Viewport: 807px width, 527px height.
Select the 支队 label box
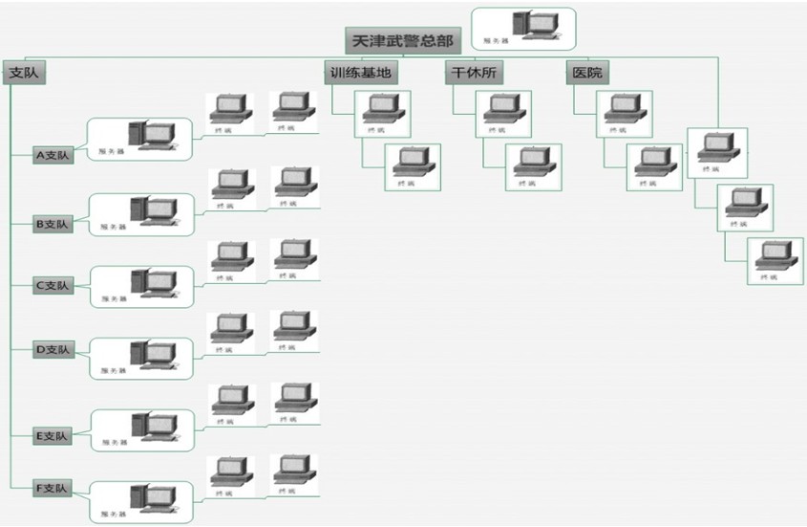click(24, 74)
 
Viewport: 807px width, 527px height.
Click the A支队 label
click(52, 154)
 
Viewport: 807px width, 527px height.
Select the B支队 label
click(52, 224)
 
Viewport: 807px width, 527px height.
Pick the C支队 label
click(52, 284)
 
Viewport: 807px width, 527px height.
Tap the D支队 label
click(52, 350)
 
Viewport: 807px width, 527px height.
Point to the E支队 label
click(52, 436)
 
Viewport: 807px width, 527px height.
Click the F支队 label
click(52, 489)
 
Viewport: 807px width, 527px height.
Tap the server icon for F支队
click(153, 498)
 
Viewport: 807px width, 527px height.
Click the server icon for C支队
click(153, 282)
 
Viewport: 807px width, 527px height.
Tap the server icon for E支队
click(153, 427)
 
